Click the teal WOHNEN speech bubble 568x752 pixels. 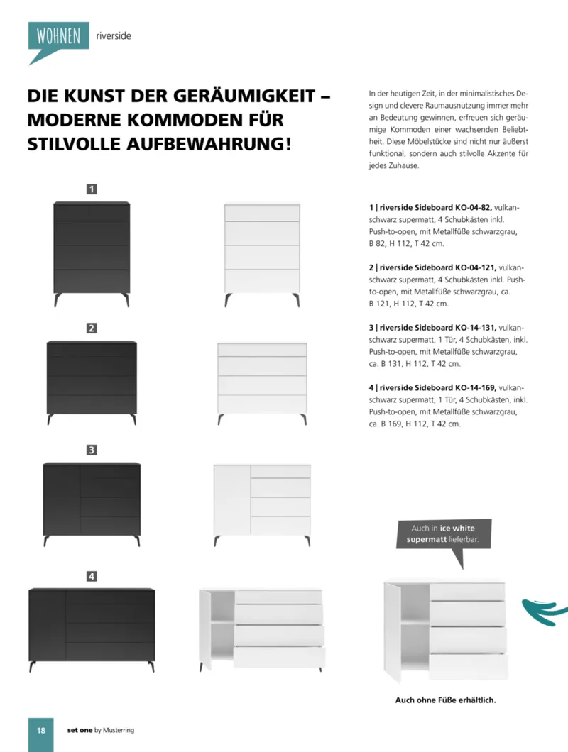click(x=58, y=36)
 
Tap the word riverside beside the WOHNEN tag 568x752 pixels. click(x=113, y=35)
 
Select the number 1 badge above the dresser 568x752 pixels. click(x=92, y=189)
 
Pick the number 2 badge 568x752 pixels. click(x=92, y=328)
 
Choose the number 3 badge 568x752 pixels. click(x=92, y=449)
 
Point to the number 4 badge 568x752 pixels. click(x=92, y=576)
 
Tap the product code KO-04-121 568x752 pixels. click(x=470, y=268)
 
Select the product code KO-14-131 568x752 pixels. click(x=470, y=328)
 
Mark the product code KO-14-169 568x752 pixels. click(x=470, y=388)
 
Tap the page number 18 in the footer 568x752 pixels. click(x=40, y=730)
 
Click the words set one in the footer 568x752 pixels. click(x=80, y=730)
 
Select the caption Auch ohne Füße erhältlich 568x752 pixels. click(x=445, y=700)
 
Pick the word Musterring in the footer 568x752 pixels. click(x=119, y=730)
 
